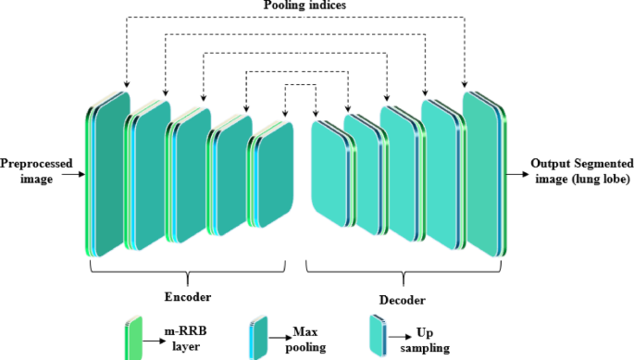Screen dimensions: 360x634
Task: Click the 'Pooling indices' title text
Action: click(317, 6)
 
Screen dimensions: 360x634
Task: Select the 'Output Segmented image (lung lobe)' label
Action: click(579, 171)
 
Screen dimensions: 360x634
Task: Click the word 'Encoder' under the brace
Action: click(188, 297)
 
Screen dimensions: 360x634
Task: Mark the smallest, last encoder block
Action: click(274, 175)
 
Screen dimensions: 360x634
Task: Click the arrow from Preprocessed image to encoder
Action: click(72, 172)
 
